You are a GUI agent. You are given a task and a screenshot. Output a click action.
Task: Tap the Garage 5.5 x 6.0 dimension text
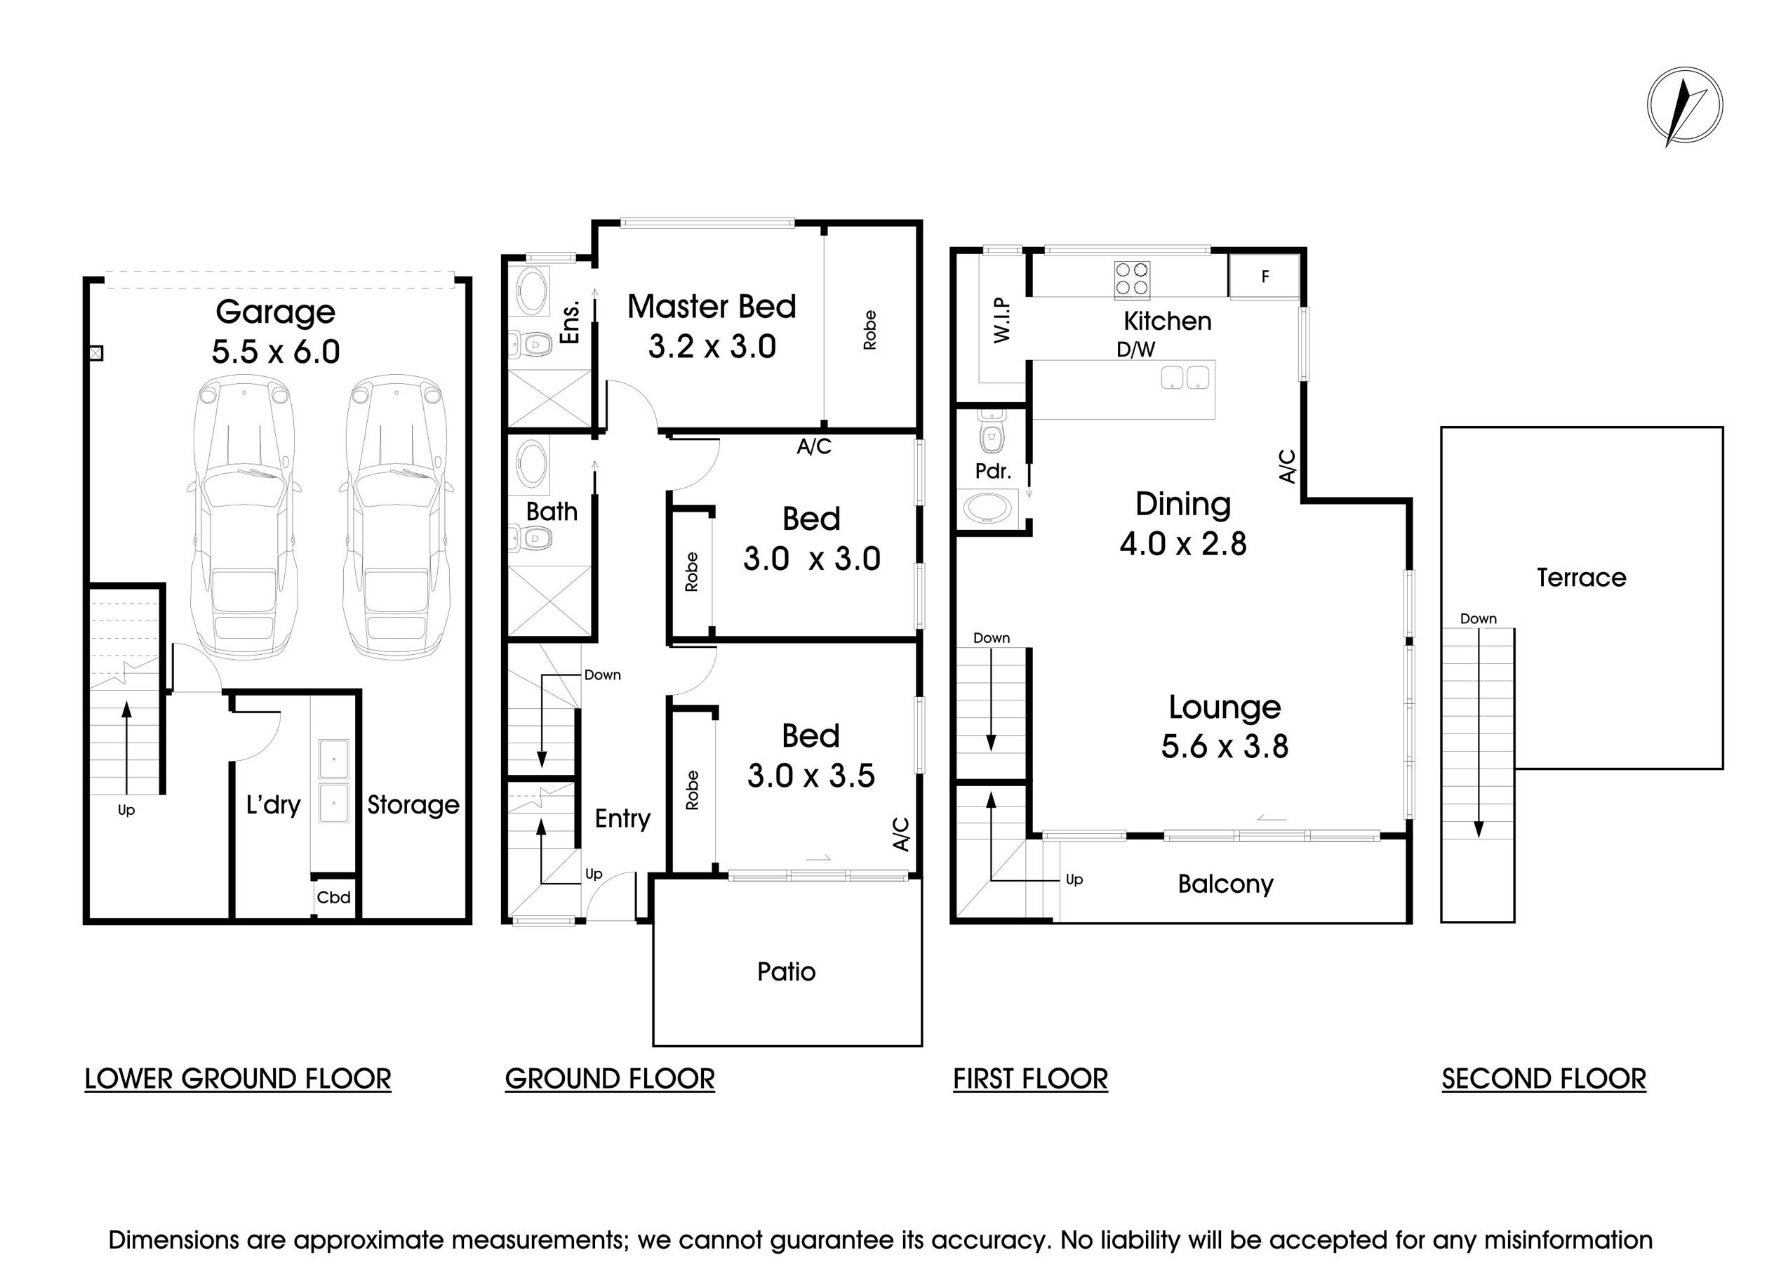click(275, 352)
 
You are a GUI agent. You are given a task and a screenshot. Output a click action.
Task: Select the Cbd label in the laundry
click(333, 897)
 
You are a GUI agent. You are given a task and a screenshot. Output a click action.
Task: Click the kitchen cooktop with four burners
click(1132, 279)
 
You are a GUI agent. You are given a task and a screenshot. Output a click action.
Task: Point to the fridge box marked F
click(1264, 277)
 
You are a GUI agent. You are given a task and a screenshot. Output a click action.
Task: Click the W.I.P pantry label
click(1002, 319)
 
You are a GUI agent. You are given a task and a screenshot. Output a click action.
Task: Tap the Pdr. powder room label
click(992, 471)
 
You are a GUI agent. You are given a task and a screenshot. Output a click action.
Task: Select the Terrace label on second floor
click(1581, 578)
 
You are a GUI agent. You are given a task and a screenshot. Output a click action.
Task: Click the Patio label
click(786, 971)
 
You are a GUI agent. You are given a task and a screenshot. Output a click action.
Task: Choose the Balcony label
click(1225, 884)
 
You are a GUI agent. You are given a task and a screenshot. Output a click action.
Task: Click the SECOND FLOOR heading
click(1543, 1078)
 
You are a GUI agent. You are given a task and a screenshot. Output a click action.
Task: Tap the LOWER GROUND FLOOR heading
click(237, 1078)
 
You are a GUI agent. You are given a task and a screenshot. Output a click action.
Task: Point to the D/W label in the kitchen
click(1135, 350)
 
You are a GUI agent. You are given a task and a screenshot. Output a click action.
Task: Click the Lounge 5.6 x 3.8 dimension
click(1224, 746)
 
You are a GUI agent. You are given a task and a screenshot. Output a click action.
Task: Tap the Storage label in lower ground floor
click(413, 805)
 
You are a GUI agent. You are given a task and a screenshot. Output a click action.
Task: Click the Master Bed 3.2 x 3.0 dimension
click(712, 346)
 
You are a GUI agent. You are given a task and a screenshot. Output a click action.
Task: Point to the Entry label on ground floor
click(622, 818)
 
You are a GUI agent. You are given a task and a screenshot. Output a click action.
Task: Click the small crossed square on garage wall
click(95, 353)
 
